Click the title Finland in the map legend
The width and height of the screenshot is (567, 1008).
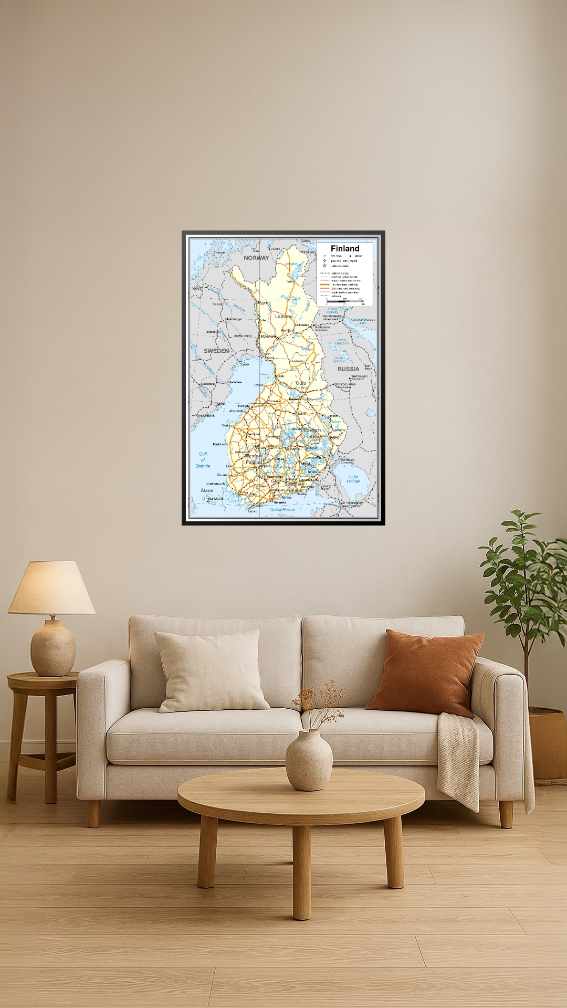click(345, 248)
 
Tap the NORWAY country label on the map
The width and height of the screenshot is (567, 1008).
click(256, 258)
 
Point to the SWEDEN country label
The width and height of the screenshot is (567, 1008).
click(216, 350)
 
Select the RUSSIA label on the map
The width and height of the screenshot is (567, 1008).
click(348, 369)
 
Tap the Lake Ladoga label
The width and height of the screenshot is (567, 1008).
click(353, 479)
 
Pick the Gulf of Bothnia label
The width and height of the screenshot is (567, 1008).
click(203, 460)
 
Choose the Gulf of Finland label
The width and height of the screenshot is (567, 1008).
click(282, 510)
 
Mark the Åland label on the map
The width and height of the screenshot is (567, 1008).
click(207, 490)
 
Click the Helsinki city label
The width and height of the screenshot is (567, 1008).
click(280, 502)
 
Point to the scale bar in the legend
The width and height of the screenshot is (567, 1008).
click(345, 300)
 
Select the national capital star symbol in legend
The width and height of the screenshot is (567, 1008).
click(325, 266)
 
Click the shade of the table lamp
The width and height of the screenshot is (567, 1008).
click(51, 588)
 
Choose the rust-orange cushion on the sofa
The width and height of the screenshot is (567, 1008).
click(425, 672)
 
